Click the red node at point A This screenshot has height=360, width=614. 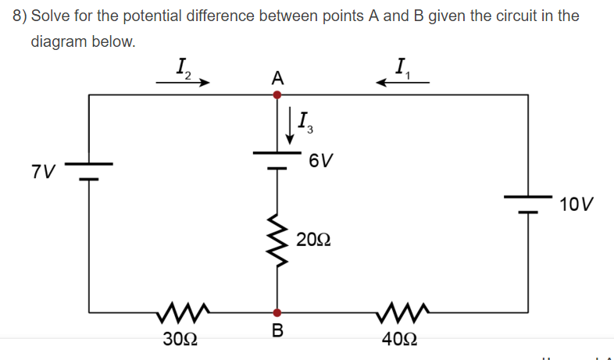click(x=277, y=94)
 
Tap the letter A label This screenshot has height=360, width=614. click(x=277, y=77)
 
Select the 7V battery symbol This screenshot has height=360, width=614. click(x=89, y=171)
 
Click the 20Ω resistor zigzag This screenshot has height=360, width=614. click(x=277, y=238)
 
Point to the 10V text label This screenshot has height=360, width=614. click(x=577, y=205)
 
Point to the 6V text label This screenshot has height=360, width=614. click(x=320, y=162)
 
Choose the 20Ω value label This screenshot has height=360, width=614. click(x=313, y=238)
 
